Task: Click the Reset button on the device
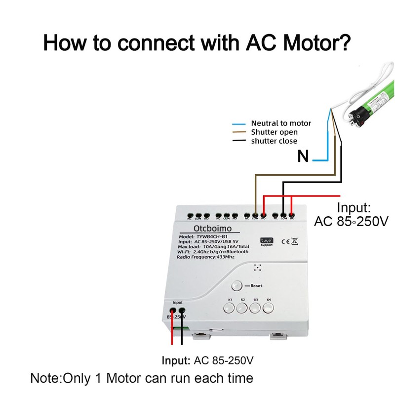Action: (237, 285)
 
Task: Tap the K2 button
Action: (242, 309)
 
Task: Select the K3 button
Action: (255, 309)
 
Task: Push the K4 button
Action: (269, 309)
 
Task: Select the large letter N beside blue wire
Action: (303, 158)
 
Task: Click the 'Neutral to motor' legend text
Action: (281, 123)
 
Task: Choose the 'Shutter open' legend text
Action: (274, 132)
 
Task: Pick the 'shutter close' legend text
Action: (274, 141)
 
